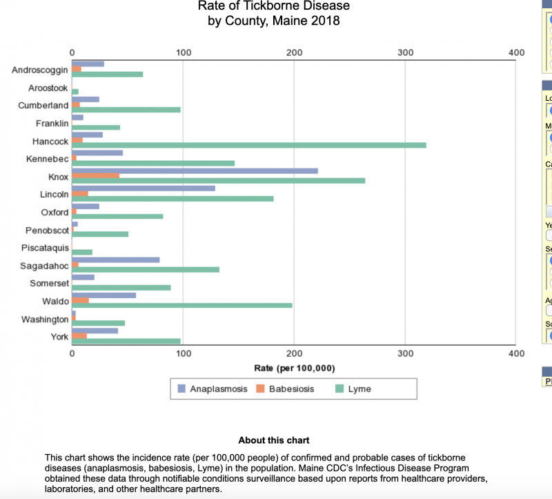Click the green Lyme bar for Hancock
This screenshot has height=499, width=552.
coord(249,145)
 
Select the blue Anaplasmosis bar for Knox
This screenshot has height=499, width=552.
coord(195,170)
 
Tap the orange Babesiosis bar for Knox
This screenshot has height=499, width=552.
coord(95,176)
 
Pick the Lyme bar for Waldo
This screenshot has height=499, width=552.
coord(182,305)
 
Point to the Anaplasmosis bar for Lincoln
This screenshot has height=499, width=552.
coord(144,188)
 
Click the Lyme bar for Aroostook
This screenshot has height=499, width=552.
coord(75,92)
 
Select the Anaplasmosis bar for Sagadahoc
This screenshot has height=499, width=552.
coord(116,260)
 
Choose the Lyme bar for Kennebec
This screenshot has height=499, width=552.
coord(153,163)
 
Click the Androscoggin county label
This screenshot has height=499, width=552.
coord(40,70)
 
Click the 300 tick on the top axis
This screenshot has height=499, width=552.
coord(406,52)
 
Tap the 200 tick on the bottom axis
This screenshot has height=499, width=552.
coord(295,353)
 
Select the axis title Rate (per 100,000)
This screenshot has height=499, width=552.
coord(295,368)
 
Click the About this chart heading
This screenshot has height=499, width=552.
coord(274,440)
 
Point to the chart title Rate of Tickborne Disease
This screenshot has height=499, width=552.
coord(274,6)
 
